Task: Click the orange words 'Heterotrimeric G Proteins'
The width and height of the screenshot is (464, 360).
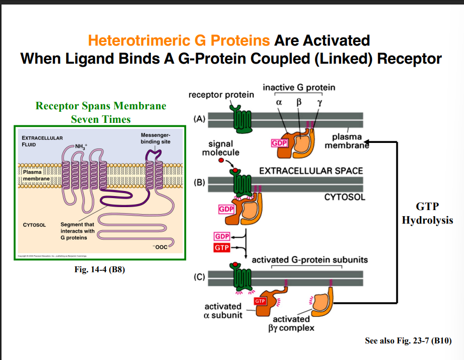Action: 179,40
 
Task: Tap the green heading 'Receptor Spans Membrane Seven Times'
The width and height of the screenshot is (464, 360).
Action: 101,112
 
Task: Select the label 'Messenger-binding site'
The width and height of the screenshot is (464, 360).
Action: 156,138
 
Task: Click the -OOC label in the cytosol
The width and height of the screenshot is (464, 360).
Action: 161,247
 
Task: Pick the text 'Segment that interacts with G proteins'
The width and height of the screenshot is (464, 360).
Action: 77,231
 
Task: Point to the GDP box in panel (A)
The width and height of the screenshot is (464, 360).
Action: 279,142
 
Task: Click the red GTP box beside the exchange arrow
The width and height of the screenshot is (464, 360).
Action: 222,248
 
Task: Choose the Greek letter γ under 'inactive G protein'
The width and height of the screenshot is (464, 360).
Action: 319,103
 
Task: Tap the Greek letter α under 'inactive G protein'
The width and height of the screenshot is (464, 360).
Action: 279,103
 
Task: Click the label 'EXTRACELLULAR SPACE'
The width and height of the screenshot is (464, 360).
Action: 311,170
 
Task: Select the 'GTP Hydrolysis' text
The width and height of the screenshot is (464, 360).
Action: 427,214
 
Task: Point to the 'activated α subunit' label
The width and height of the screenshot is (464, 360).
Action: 223,310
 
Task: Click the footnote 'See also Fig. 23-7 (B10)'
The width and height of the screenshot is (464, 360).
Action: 408,341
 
